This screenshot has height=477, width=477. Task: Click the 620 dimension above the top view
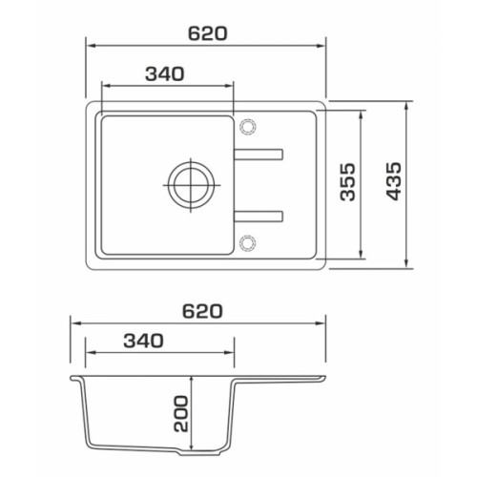coord(208,33)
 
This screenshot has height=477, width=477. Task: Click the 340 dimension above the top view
coord(165,73)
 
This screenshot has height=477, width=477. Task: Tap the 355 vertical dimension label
coord(347,182)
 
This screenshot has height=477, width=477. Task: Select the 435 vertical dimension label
coord(394,181)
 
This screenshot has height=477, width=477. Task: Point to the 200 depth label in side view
coord(181,413)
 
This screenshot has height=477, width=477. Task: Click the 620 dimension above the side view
coord(202,311)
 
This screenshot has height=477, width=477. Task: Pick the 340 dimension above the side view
coord(143,341)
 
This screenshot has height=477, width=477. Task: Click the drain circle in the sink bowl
coord(191,185)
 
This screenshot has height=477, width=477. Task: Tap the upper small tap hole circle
coord(247,126)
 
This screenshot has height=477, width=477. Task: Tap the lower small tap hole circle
coord(247,243)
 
